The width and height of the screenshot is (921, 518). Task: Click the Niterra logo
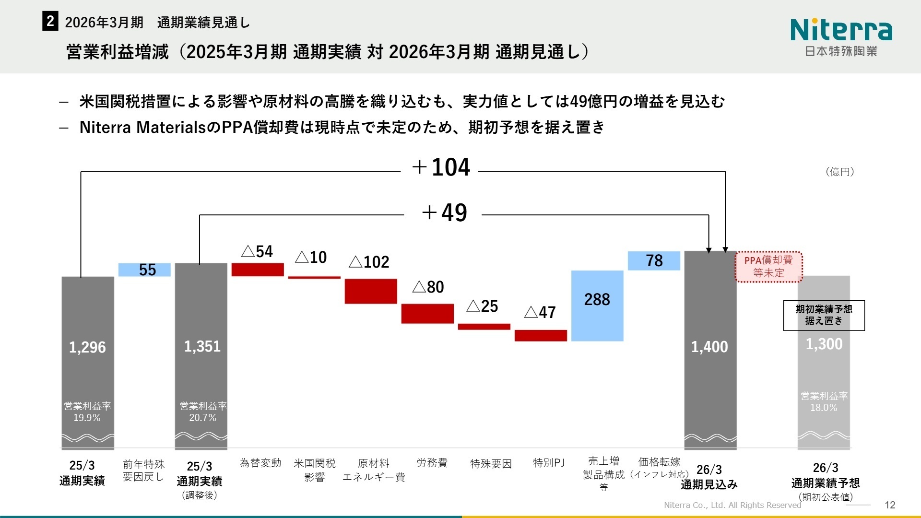[x=841, y=36]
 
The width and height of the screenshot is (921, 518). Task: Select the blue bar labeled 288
[x=597, y=306]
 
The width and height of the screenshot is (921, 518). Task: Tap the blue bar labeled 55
[x=144, y=270]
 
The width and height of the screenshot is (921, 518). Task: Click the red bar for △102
[x=371, y=291]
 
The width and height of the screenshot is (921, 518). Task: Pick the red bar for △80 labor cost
[x=427, y=314]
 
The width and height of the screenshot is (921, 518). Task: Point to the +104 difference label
[x=441, y=167]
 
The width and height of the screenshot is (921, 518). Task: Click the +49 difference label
[x=444, y=212]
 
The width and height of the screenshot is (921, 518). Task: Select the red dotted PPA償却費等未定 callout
[x=768, y=267]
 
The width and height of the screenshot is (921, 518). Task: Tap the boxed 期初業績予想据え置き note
[x=824, y=315]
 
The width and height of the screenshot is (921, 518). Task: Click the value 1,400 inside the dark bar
[x=709, y=347]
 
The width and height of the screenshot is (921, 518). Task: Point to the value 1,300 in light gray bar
[x=824, y=344]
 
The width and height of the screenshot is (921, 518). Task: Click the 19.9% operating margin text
[x=87, y=418]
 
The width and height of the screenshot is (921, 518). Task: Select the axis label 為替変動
[x=260, y=463]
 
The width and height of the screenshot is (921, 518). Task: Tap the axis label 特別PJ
[x=549, y=463]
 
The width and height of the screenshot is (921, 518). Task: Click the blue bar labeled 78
[x=654, y=261]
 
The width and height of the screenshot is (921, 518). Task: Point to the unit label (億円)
[x=839, y=172]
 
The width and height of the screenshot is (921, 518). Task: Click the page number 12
[x=890, y=505]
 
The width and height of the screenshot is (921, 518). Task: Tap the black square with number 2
[x=50, y=22]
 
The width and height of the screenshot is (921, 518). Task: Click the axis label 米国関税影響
[x=314, y=470]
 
